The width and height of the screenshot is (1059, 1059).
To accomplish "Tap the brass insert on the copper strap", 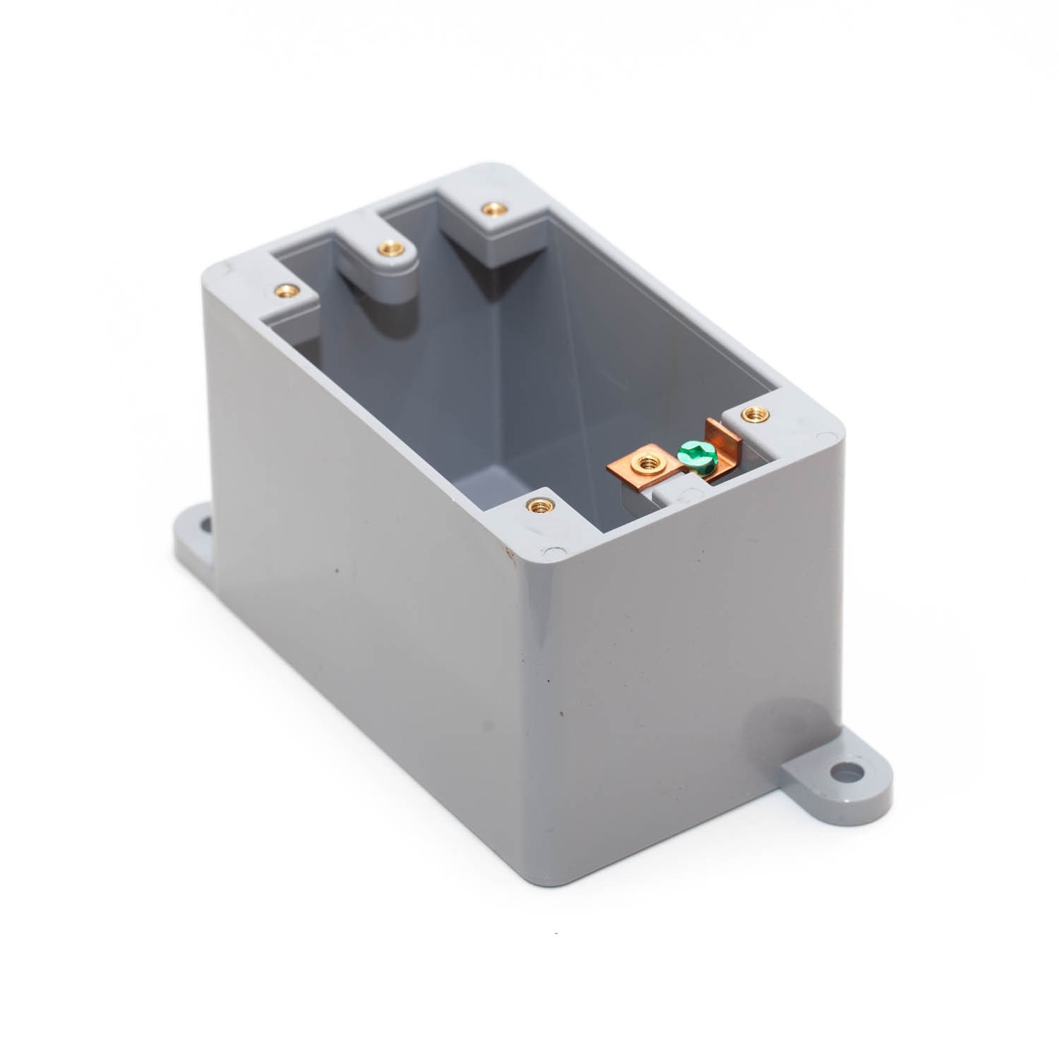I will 645,463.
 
